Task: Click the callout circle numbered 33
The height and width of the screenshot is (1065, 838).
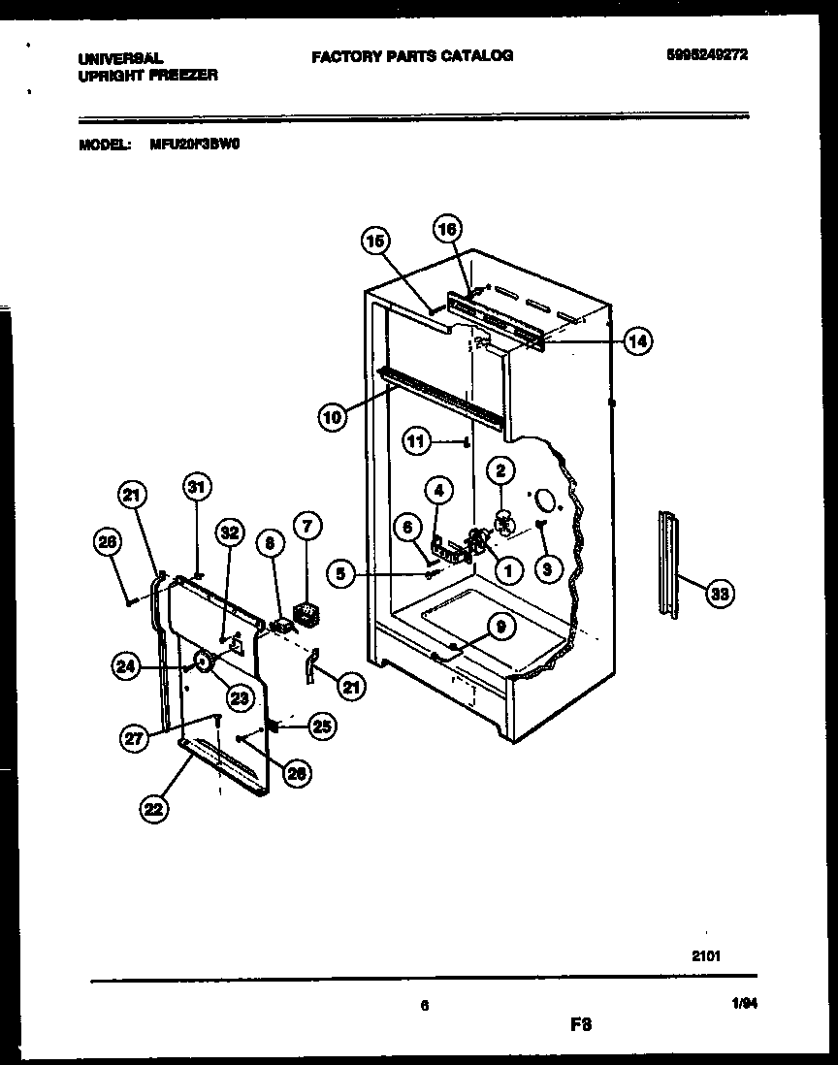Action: click(718, 596)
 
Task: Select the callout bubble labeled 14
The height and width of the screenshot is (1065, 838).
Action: click(636, 340)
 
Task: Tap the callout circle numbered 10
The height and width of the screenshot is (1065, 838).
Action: click(332, 417)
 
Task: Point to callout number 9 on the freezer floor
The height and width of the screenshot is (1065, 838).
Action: click(500, 628)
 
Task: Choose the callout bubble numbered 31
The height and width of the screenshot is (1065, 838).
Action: click(197, 488)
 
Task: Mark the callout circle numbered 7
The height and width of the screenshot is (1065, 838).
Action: click(306, 528)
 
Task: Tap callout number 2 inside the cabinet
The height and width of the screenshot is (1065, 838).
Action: click(500, 471)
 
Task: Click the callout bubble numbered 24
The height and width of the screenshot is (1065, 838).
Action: click(126, 665)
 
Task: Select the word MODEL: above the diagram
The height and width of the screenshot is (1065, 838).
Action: click(104, 145)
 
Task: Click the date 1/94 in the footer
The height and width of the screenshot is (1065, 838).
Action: click(744, 1007)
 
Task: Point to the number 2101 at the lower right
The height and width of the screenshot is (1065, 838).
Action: click(707, 954)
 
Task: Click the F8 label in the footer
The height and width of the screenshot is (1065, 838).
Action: click(580, 1024)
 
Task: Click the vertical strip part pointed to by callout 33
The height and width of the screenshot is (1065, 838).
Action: click(667, 564)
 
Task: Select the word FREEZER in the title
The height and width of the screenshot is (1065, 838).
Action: click(182, 75)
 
